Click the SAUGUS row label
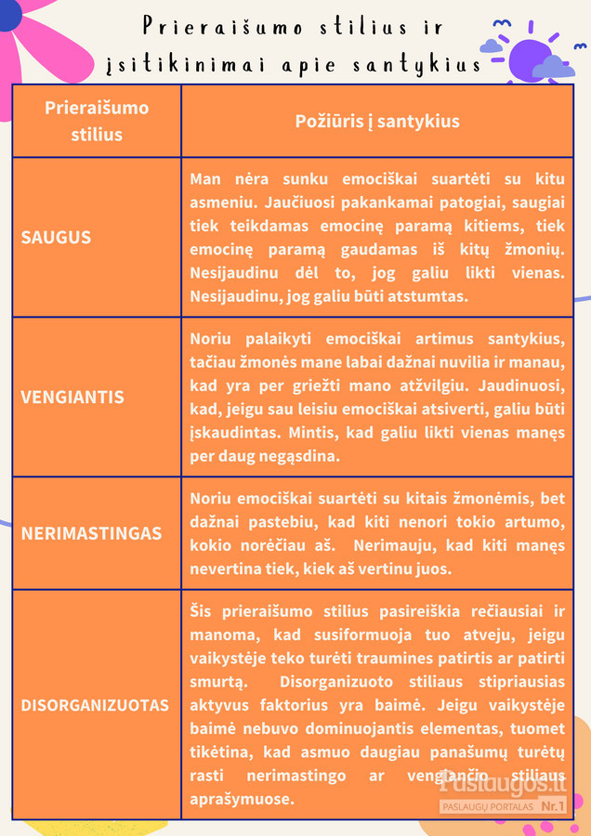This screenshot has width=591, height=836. point(56,237)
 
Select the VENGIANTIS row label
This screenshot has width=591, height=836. point(72,397)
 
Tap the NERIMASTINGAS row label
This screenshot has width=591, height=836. point(91,533)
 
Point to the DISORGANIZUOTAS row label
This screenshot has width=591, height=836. point(95,705)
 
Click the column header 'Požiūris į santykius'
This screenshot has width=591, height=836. point(377,122)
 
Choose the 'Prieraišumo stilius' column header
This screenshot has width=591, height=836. point(97,121)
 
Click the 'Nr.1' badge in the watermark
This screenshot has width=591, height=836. point(553,806)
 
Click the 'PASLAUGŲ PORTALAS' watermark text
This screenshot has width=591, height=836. point(488,806)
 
